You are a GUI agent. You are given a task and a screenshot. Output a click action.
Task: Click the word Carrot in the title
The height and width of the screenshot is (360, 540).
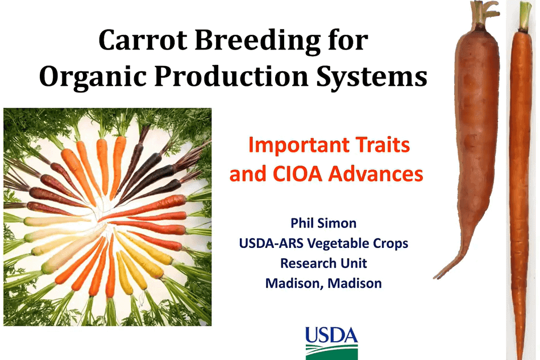tap(143, 40)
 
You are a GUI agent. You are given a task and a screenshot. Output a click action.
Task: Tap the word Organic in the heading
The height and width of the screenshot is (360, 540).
tap(93, 77)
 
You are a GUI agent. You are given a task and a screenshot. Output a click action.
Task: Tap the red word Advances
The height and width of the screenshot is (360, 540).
tap(376, 173)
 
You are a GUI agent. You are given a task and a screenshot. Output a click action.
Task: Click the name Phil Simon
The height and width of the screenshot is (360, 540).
tap(323, 223)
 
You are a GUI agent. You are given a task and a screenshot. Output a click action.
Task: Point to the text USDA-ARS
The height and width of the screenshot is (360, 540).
tap(271, 243)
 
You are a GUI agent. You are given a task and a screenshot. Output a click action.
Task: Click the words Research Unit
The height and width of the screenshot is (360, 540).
tap(323, 263)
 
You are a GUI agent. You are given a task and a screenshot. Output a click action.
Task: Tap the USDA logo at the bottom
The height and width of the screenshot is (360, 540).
tap(331, 343)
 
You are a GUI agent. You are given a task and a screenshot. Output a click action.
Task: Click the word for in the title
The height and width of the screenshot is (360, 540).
tap(348, 40)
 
